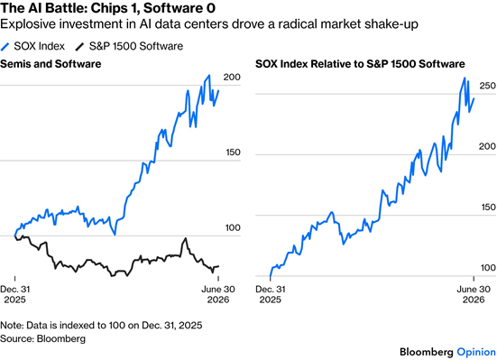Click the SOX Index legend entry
click(x=32, y=46)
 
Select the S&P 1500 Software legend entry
click(x=129, y=46)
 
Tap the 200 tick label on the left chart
click(x=232, y=77)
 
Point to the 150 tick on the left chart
click(x=233, y=152)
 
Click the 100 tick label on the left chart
click(x=233, y=227)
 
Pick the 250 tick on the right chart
click(x=487, y=86)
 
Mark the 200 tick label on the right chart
click(x=487, y=146)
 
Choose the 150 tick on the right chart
click(x=489, y=208)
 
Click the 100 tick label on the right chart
click(x=489, y=268)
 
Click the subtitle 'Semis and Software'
click(x=51, y=64)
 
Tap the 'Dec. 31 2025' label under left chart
click(x=15, y=294)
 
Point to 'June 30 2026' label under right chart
click(x=474, y=294)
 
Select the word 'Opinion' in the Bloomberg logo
click(x=476, y=352)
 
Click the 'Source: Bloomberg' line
click(x=42, y=338)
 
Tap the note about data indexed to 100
click(x=101, y=326)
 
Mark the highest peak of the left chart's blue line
click(x=209, y=76)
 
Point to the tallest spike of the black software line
click(x=186, y=238)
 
